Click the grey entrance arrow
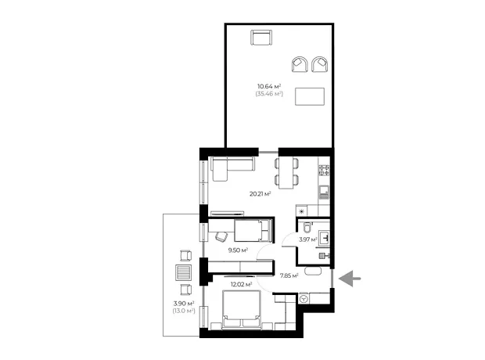click(350, 279)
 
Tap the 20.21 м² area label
click(260, 194)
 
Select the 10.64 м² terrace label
click(269, 86)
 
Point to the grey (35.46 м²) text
click(269, 93)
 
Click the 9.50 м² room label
click(238, 250)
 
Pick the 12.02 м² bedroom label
click(241, 284)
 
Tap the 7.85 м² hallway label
click(289, 275)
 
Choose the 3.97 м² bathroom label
click(308, 239)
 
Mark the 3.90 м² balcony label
click(184, 304)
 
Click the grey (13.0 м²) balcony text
click(184, 311)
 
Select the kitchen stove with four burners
click(324, 171)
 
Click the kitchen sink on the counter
click(324, 192)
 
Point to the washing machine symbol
click(304, 299)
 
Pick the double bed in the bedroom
click(242, 310)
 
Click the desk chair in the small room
click(221, 237)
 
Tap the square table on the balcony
click(183, 272)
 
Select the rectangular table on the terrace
click(310, 96)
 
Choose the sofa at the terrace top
click(261, 38)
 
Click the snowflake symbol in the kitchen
click(301, 212)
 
